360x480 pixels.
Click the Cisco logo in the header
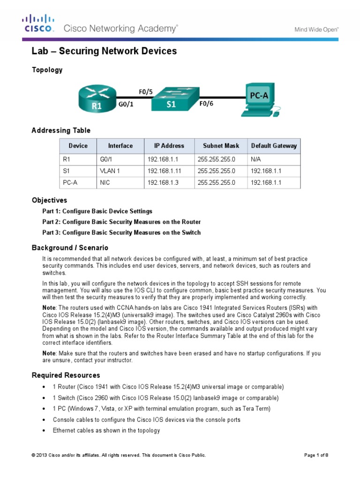39,24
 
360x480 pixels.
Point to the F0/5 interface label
146,92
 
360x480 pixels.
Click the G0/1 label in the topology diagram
126,105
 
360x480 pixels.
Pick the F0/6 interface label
206,104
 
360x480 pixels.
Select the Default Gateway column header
274,146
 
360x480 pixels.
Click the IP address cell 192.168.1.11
164,171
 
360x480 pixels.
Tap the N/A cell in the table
256,159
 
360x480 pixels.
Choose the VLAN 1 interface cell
110,171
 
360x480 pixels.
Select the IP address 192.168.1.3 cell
162,182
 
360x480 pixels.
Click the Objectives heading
49,200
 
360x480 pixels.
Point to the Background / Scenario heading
70,247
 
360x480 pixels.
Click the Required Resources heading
66,375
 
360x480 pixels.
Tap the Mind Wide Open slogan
316,29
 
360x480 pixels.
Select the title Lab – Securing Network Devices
104,51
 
